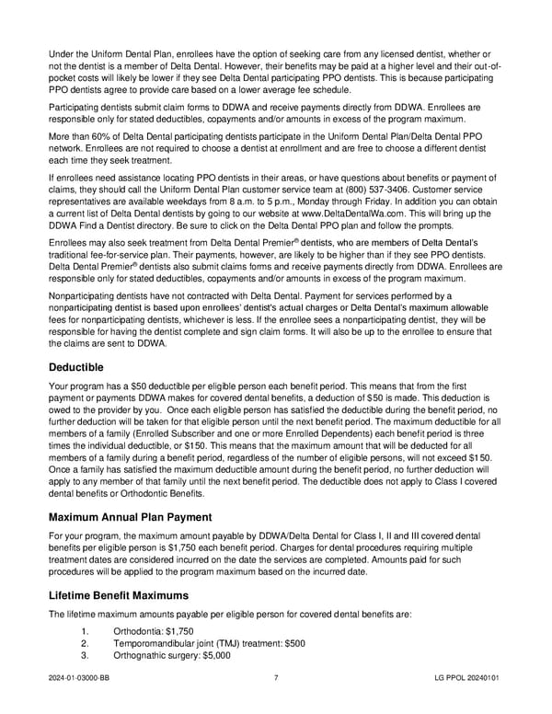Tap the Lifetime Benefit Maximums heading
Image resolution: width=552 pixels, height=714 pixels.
coord(126,594)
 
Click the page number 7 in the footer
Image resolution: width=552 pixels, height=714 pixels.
coord(276,680)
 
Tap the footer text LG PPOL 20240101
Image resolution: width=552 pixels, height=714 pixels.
coord(468,680)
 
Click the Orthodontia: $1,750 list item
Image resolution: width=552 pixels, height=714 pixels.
coord(153,631)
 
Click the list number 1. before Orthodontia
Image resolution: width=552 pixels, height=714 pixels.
coord(86,631)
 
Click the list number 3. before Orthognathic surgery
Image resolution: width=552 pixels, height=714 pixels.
coord(86,656)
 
